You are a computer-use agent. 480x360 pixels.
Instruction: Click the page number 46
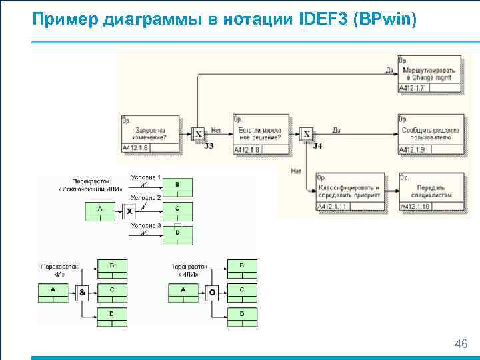(460, 344)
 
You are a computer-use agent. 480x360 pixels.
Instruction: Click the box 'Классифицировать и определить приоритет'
(347, 192)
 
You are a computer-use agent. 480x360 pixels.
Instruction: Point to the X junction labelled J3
(198, 134)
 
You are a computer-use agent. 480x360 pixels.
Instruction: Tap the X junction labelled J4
(307, 134)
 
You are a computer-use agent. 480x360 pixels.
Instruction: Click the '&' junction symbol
(83, 292)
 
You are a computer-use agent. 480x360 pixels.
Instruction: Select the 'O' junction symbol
(212, 292)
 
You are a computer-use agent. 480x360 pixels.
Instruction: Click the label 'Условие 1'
(145, 177)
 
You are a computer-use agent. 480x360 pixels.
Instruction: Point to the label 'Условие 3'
(145, 225)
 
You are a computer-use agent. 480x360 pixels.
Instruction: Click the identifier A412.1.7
(412, 88)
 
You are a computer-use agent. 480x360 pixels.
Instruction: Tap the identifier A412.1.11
(332, 207)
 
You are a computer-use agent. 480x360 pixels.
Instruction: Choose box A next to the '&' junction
(54, 291)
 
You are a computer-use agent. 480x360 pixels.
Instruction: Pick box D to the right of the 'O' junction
(242, 314)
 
